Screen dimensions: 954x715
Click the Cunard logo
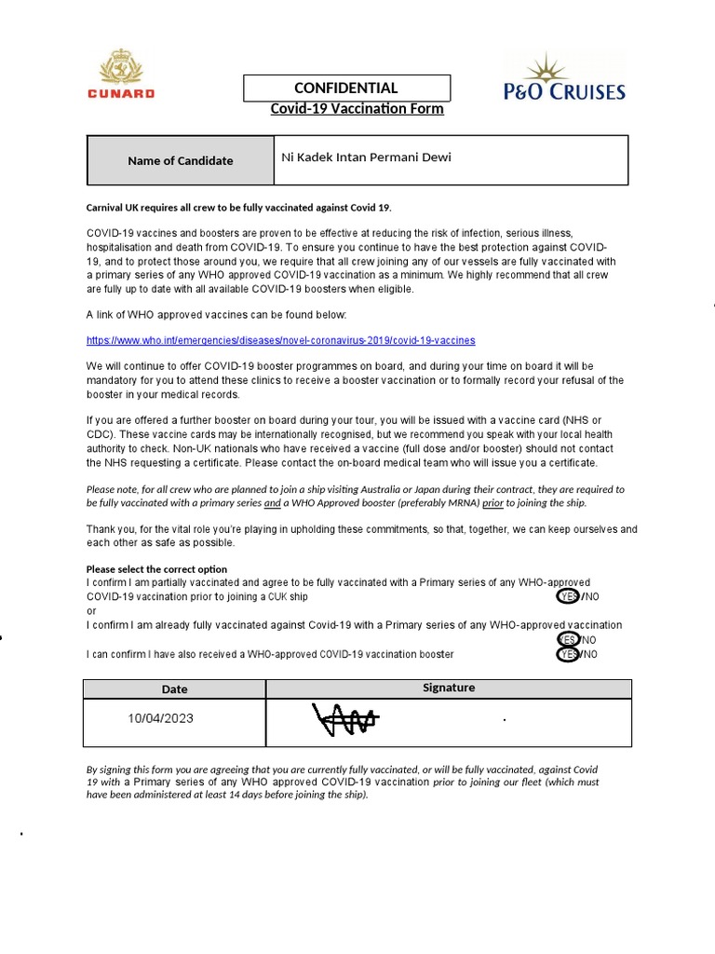121,75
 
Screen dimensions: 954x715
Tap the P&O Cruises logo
564,77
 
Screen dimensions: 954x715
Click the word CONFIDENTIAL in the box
346,89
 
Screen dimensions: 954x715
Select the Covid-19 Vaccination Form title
357,109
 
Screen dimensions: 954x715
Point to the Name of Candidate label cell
180,160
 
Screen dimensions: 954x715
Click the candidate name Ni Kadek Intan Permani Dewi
366,157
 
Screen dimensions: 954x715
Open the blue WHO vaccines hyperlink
280,341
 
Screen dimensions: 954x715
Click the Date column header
174,689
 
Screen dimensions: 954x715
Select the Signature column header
448,688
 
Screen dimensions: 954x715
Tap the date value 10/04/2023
161,719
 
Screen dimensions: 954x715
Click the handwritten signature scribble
344,720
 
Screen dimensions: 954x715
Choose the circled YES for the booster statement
567,655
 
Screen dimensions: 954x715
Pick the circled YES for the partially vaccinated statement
567,596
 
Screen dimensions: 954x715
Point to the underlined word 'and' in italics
272,503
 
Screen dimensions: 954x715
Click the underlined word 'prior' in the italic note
492,503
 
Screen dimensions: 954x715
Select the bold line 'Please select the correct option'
156,569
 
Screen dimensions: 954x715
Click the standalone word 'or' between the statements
91,611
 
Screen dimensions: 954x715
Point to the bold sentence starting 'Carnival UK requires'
246,207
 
